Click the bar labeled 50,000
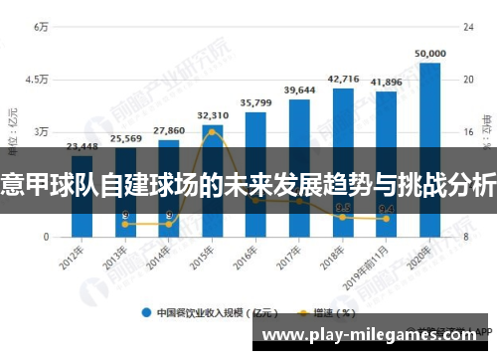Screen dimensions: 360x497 pyautogui.click(x=429, y=149)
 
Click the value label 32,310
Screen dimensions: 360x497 pyautogui.click(x=213, y=115)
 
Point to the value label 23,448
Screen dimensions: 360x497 pyautogui.click(x=82, y=146)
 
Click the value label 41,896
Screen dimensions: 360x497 pyautogui.click(x=386, y=82)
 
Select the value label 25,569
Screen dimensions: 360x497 pyautogui.click(x=125, y=138)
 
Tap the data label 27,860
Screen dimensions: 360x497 pyautogui.click(x=169, y=130)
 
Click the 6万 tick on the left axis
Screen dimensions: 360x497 pyautogui.click(x=41, y=27)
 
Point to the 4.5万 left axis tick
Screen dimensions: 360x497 pyautogui.click(x=37, y=80)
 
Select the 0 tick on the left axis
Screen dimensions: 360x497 pyautogui.click(x=45, y=237)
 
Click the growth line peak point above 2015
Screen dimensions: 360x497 pyautogui.click(x=213, y=131)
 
